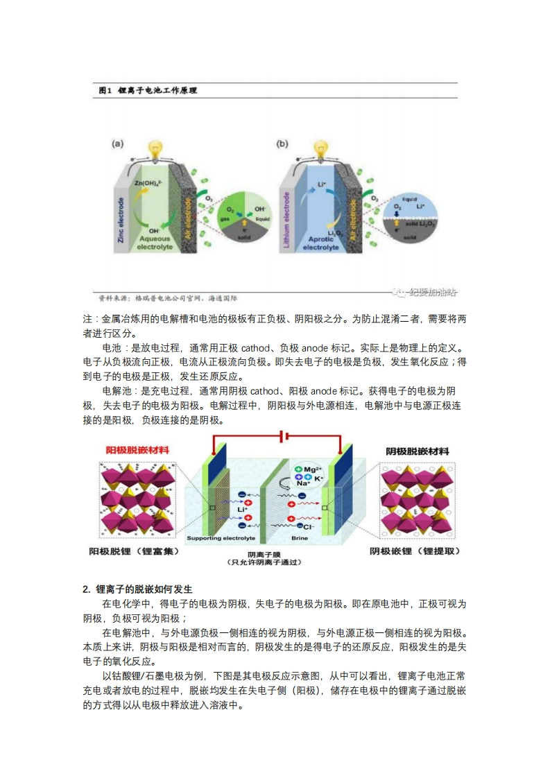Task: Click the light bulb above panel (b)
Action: pyautogui.click(x=320, y=150)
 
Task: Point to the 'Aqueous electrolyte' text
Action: pyautogui.click(x=159, y=243)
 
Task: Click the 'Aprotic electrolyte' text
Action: pyautogui.click(x=320, y=243)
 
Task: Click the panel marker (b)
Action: pyautogui.click(x=282, y=144)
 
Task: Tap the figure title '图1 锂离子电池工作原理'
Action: pyautogui.click(x=148, y=90)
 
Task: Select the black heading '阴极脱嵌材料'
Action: pyautogui.click(x=418, y=451)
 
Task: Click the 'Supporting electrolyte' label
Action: pyautogui.click(x=221, y=538)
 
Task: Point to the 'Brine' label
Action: pyautogui.click(x=300, y=538)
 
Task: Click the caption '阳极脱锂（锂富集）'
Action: pyautogui.click(x=135, y=551)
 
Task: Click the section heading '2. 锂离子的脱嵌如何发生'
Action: pyautogui.click(x=137, y=589)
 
